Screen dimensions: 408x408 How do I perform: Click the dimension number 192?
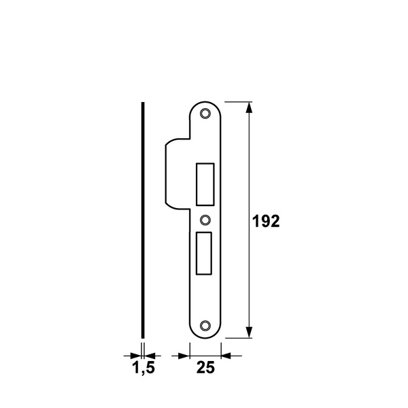(266, 222)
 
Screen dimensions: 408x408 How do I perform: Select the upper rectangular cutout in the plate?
(205, 184)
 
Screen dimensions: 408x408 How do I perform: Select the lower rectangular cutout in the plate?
(205, 252)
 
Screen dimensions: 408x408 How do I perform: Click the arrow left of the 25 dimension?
(182, 354)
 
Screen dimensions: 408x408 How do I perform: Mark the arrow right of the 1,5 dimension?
(151, 354)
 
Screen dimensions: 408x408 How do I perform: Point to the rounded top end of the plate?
(206, 104)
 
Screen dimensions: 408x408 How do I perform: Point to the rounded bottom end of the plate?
(206, 335)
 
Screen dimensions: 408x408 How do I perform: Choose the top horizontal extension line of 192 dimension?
(238, 101)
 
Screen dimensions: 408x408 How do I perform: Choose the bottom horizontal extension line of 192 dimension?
(238, 337)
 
